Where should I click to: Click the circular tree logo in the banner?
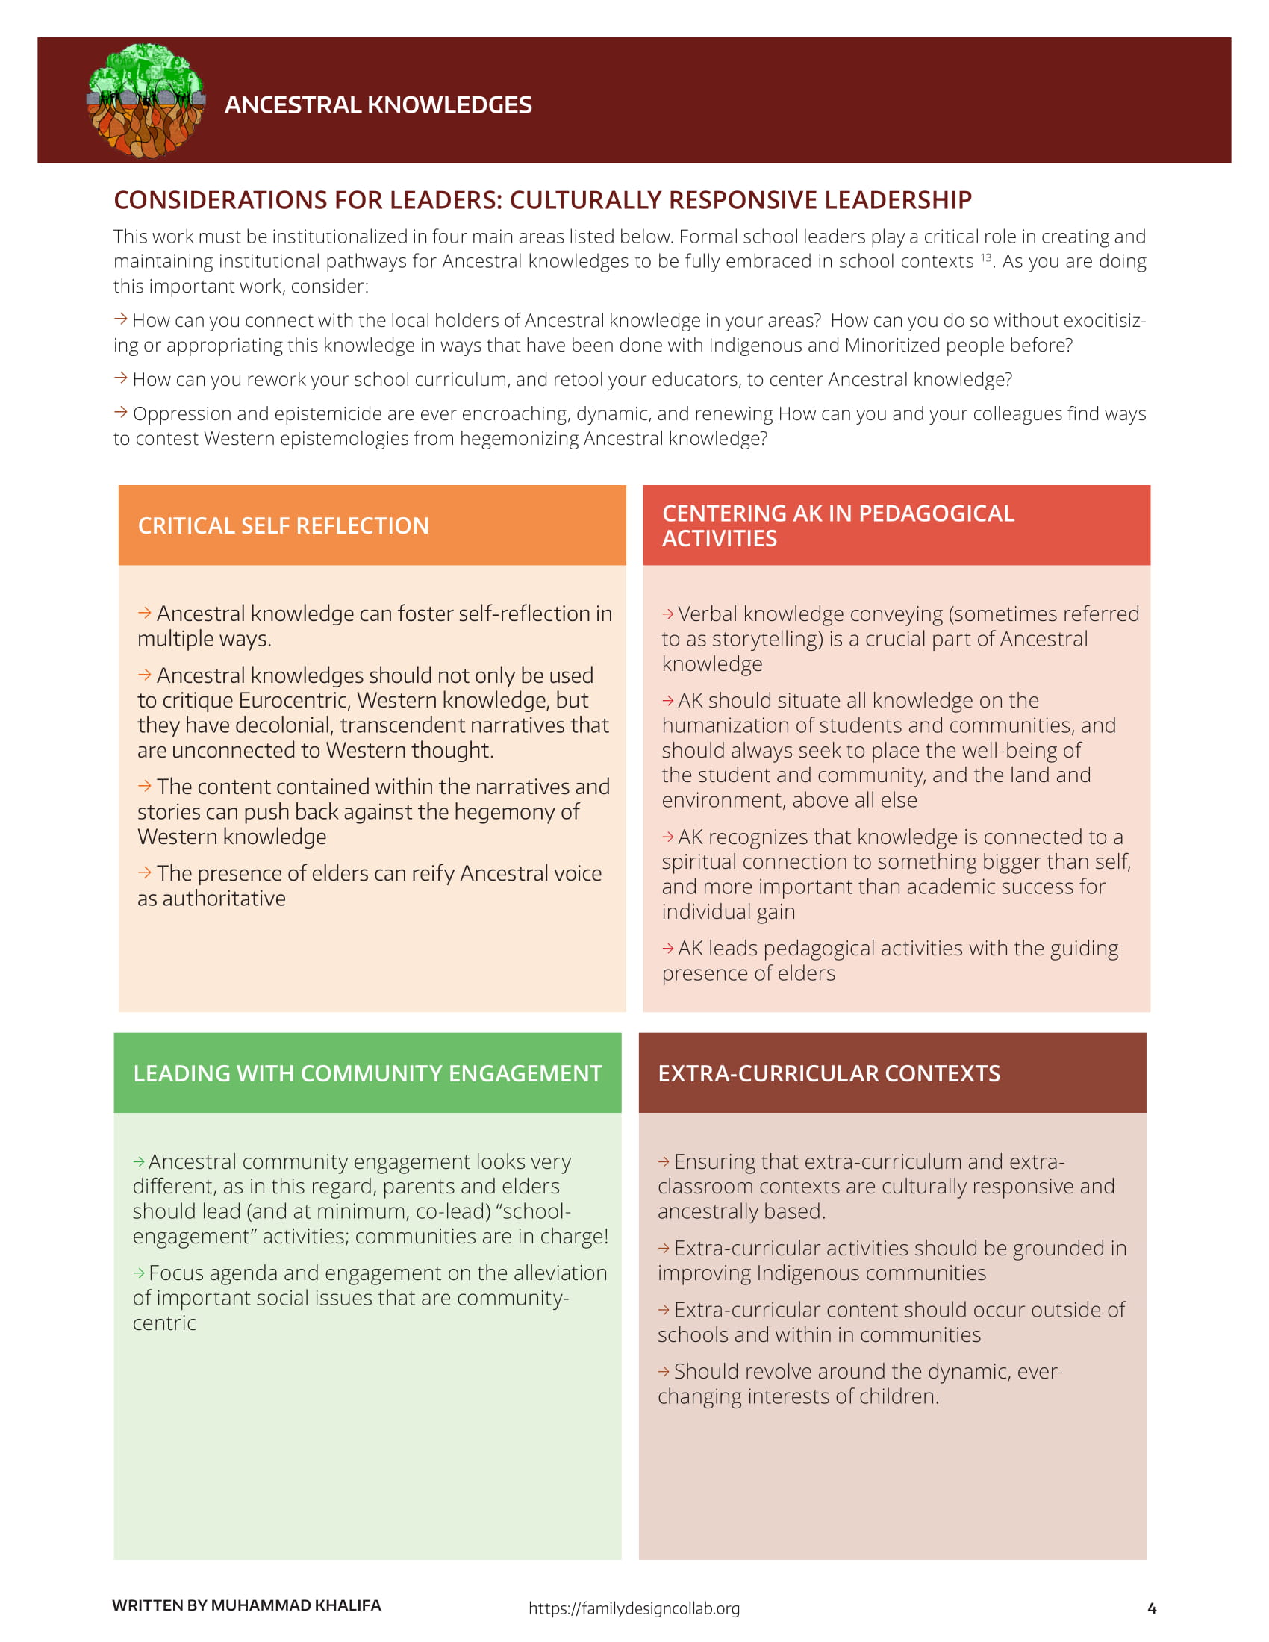point(146,101)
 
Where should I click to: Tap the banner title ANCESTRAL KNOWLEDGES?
point(378,104)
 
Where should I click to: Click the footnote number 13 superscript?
point(985,257)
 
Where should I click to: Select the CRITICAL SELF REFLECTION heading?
point(283,525)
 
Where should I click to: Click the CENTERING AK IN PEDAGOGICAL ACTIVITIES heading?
point(838,525)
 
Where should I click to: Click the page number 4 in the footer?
point(1152,1608)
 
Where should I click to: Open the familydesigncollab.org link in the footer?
point(634,1608)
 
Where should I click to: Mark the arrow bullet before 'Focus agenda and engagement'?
point(139,1273)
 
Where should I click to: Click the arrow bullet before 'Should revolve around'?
point(664,1371)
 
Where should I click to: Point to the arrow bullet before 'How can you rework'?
point(120,378)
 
